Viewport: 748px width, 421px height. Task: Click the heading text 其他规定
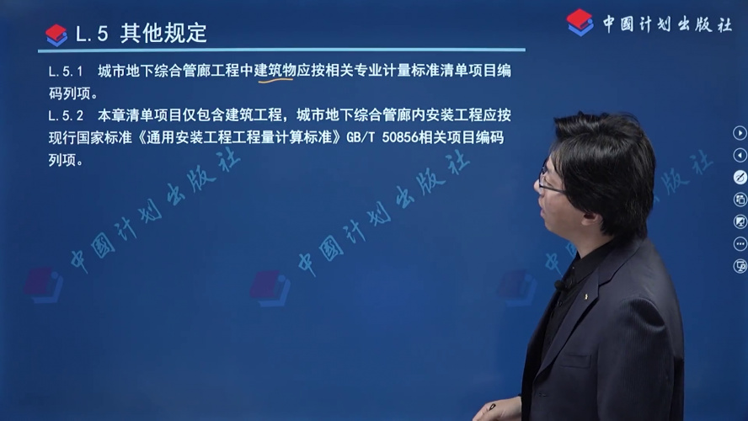(x=163, y=34)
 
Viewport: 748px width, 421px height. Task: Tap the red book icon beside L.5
(x=56, y=35)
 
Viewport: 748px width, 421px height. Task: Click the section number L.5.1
(x=66, y=72)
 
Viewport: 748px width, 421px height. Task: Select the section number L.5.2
(x=66, y=115)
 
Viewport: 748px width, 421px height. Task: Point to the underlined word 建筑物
(x=275, y=70)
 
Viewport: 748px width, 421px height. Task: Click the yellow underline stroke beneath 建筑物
(x=275, y=81)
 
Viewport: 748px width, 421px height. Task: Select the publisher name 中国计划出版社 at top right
(x=667, y=24)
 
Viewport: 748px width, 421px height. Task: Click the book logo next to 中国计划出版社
(x=580, y=23)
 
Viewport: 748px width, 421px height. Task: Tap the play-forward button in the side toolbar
(x=740, y=133)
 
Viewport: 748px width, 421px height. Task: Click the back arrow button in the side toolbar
(x=740, y=156)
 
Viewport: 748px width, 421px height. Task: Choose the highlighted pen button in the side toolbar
(x=740, y=178)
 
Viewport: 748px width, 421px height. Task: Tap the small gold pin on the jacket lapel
(x=586, y=296)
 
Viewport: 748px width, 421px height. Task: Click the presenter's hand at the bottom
(x=500, y=410)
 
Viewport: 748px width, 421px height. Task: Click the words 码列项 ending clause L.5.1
(x=70, y=93)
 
